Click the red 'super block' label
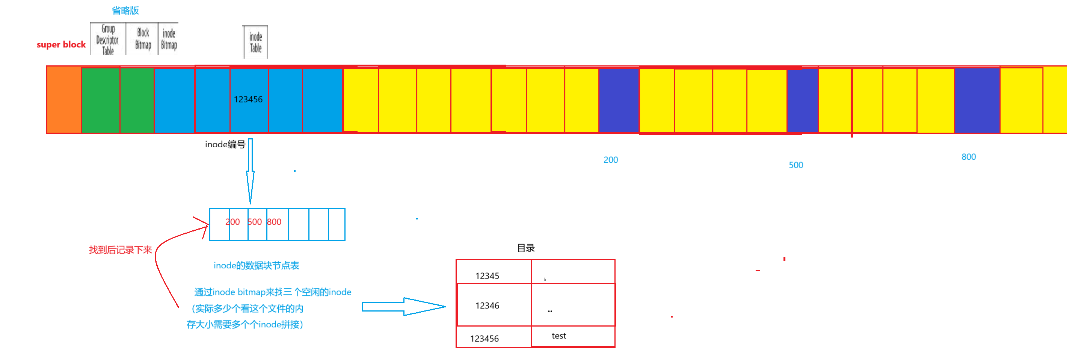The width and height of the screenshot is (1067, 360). click(x=61, y=44)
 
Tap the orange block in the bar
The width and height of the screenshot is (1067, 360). click(x=64, y=100)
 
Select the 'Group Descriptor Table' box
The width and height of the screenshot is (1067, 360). click(x=108, y=39)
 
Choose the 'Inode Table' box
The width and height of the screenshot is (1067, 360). click(x=255, y=42)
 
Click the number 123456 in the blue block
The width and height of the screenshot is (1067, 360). click(x=248, y=100)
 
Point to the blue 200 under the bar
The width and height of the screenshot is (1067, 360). click(x=611, y=160)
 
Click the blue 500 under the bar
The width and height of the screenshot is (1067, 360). click(x=796, y=165)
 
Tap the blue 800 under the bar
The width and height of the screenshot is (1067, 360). click(x=969, y=157)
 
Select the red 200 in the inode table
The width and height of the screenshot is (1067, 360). click(x=232, y=222)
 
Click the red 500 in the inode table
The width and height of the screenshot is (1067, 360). click(x=255, y=222)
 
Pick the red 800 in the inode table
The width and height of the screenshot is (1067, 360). click(x=274, y=222)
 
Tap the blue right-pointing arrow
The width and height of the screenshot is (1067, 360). click(x=403, y=307)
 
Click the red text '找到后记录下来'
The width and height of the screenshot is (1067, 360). click(x=121, y=250)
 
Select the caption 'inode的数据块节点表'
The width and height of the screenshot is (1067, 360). click(x=257, y=266)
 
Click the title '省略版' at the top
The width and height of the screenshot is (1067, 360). click(x=125, y=11)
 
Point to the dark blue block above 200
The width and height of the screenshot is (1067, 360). click(x=619, y=100)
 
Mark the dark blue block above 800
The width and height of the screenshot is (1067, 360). click(x=977, y=100)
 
